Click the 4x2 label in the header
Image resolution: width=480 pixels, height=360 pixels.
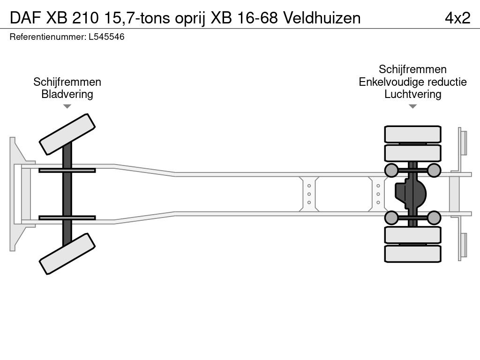pyautogui.click(x=457, y=17)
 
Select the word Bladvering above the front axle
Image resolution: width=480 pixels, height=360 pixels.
pyautogui.click(x=67, y=94)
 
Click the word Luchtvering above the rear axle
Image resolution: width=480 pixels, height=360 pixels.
pyautogui.click(x=412, y=94)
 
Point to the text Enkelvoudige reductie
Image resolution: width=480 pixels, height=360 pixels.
pyautogui.click(x=412, y=82)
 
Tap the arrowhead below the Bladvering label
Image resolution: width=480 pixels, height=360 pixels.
pyautogui.click(x=67, y=106)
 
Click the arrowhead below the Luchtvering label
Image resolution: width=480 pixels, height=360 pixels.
pyautogui.click(x=412, y=106)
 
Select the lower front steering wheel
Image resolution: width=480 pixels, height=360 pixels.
pyautogui.click(x=67, y=254)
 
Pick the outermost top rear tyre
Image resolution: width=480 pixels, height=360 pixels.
pyautogui.click(x=412, y=134)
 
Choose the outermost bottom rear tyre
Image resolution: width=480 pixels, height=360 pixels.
pyautogui.click(x=412, y=254)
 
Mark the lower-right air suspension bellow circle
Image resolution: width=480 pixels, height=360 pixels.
pyautogui.click(x=434, y=217)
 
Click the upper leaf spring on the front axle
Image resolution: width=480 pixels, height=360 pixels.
pyautogui.click(x=67, y=170)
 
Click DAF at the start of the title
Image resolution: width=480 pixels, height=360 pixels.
pyautogui.click(x=23, y=17)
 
